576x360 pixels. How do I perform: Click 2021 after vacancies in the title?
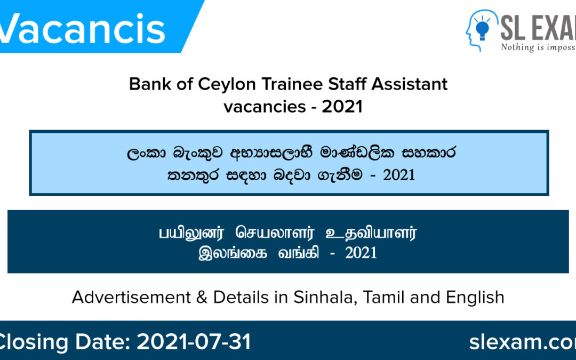pos(342,106)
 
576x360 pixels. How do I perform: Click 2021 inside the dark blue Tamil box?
pos(361,253)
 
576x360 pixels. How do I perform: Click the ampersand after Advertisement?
pos(202,297)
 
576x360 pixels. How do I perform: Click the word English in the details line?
pos(475,297)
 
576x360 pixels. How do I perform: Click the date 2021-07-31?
pos(194,342)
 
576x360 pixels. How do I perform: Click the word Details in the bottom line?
pos(239,297)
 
